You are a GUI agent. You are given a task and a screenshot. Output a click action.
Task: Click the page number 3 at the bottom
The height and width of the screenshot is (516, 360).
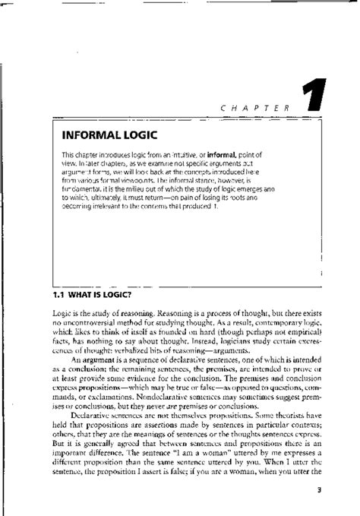(x=320, y=490)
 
